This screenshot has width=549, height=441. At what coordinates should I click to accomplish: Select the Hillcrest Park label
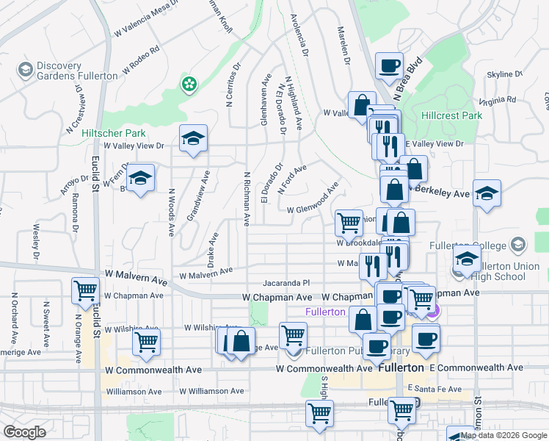(x=451, y=115)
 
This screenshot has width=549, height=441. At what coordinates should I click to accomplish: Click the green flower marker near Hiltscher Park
(x=189, y=83)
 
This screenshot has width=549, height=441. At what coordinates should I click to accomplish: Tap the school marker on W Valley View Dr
(x=193, y=138)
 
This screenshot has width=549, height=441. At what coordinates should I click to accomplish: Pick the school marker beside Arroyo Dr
(x=140, y=178)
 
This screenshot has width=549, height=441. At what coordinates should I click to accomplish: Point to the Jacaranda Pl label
(x=288, y=283)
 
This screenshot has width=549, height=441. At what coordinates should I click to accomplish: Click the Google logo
(x=24, y=431)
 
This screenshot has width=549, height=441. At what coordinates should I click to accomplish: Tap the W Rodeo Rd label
(x=141, y=60)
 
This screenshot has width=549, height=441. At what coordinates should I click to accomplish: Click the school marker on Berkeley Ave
(x=487, y=193)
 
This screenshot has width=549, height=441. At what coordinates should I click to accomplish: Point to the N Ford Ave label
(x=292, y=179)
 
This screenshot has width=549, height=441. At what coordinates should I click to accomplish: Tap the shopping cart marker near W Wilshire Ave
(x=147, y=340)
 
